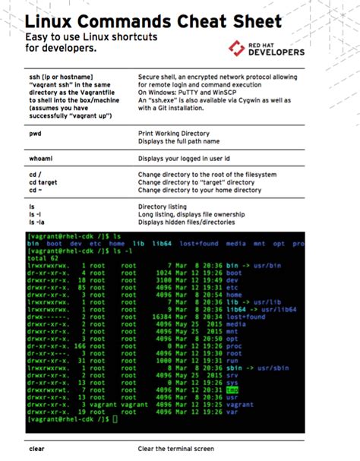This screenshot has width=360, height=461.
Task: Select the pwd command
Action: [x=36, y=134]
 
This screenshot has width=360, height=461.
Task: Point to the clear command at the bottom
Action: [x=36, y=449]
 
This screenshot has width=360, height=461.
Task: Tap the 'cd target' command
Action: [x=43, y=183]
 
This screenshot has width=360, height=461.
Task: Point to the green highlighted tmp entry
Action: [x=232, y=390]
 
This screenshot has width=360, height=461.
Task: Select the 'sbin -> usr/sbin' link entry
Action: [x=256, y=367]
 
